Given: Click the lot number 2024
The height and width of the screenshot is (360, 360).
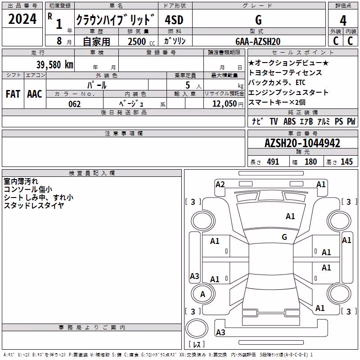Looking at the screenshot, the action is tap(22, 19).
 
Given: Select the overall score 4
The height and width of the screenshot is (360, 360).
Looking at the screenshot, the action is tap(343, 20).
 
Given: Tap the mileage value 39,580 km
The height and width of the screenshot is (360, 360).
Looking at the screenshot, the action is tap(54, 65).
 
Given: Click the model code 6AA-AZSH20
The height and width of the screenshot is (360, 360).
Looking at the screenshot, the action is tap(258, 41).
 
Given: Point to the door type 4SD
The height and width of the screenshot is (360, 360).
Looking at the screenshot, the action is tap(174, 20).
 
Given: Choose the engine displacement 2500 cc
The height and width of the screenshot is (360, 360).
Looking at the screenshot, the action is tap(141, 41).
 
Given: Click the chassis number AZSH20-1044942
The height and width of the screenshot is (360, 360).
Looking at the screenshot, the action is tap(302, 143).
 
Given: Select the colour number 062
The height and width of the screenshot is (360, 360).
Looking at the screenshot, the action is tap(75, 104).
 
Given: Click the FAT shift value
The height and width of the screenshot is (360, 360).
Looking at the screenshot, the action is tap(13, 94).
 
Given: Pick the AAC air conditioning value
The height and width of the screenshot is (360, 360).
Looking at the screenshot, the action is tap(35, 94).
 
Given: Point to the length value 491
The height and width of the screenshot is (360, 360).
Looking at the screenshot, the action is tap(273, 162).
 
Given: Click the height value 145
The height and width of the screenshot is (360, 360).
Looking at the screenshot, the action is tap(346, 162).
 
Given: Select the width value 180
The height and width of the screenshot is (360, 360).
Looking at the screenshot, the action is tap(310, 162).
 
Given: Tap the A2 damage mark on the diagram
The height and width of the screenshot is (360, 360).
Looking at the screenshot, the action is tap(220, 184).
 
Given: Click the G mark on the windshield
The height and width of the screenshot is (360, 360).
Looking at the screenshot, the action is tap(284, 237).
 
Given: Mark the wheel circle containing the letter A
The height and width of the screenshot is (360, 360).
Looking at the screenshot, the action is tap(203, 294).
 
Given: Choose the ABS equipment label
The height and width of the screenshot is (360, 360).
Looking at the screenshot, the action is tap(289, 121).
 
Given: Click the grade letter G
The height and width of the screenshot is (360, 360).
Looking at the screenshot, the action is tap(258, 20).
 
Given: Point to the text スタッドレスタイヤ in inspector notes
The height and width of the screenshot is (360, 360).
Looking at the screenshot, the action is tap(34, 206).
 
